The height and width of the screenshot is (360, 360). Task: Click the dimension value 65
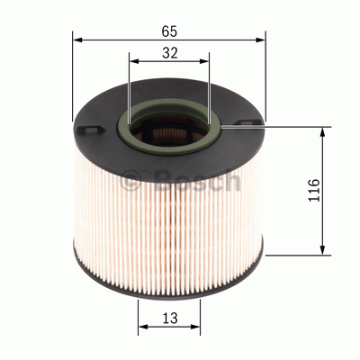(x=169, y=31)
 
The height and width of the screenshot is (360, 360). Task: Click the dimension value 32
(x=170, y=53)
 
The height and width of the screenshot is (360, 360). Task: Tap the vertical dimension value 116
(x=314, y=190)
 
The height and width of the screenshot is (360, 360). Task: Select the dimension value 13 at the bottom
(x=170, y=318)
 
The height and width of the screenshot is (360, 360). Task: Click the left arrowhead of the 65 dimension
(x=77, y=40)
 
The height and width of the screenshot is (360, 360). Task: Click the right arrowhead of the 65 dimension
(x=260, y=40)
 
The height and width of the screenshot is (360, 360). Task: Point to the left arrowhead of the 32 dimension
(x=134, y=61)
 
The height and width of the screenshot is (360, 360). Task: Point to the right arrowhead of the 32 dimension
(x=204, y=61)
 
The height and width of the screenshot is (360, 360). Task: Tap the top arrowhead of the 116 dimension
(x=322, y=132)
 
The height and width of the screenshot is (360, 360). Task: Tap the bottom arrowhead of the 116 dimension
(x=322, y=250)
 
